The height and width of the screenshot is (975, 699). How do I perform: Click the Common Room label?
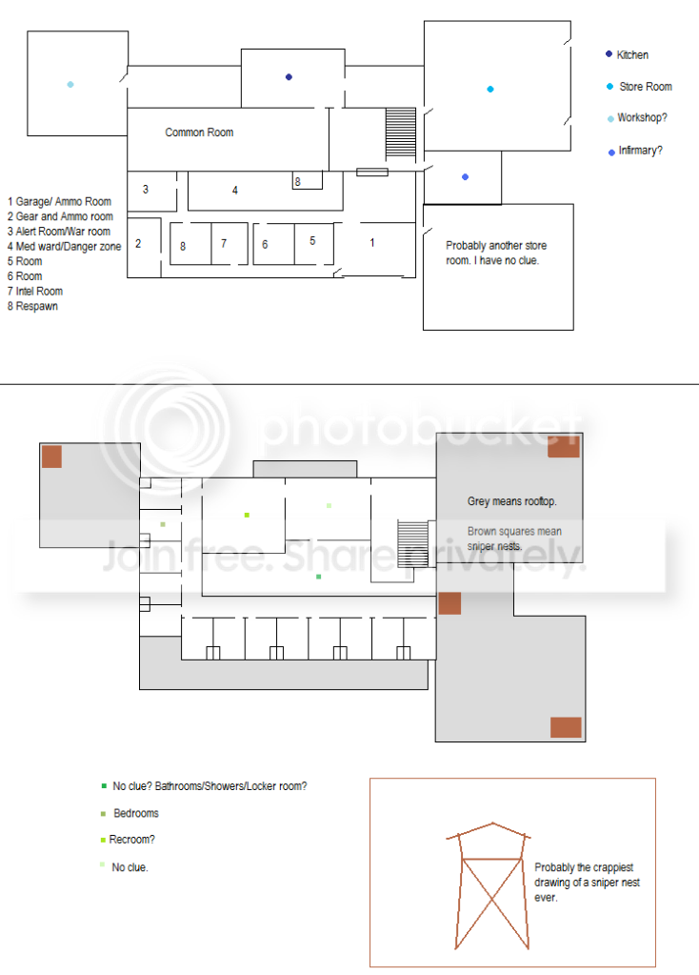click(x=199, y=132)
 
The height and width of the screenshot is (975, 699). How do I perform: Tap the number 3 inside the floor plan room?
click(x=146, y=189)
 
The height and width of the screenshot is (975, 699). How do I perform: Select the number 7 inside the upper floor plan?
click(x=224, y=243)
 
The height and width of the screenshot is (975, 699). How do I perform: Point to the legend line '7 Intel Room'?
click(x=35, y=291)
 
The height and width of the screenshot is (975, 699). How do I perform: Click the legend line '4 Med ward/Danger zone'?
click(x=64, y=246)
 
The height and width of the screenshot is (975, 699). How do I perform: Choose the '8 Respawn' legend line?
click(x=32, y=306)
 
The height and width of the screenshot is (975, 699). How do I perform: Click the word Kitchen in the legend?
click(x=632, y=54)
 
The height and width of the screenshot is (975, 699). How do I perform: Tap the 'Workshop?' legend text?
click(x=643, y=117)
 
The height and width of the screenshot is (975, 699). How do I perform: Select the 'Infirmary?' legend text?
click(x=641, y=151)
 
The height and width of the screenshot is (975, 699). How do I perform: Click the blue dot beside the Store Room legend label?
click(x=610, y=87)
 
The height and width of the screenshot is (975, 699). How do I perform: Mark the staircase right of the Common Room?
click(x=401, y=132)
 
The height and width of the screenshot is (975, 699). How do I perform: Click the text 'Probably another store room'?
click(x=496, y=254)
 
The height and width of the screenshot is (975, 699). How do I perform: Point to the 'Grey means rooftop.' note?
click(x=512, y=501)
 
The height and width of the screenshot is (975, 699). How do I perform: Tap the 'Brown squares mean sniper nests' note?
click(x=514, y=538)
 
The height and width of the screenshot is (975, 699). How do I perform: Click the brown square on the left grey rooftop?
click(x=51, y=457)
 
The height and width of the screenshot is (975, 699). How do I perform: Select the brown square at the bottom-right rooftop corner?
click(x=566, y=727)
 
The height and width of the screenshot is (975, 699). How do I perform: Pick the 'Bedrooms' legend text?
click(x=136, y=813)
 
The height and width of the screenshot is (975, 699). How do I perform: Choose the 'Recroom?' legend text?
click(x=131, y=840)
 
